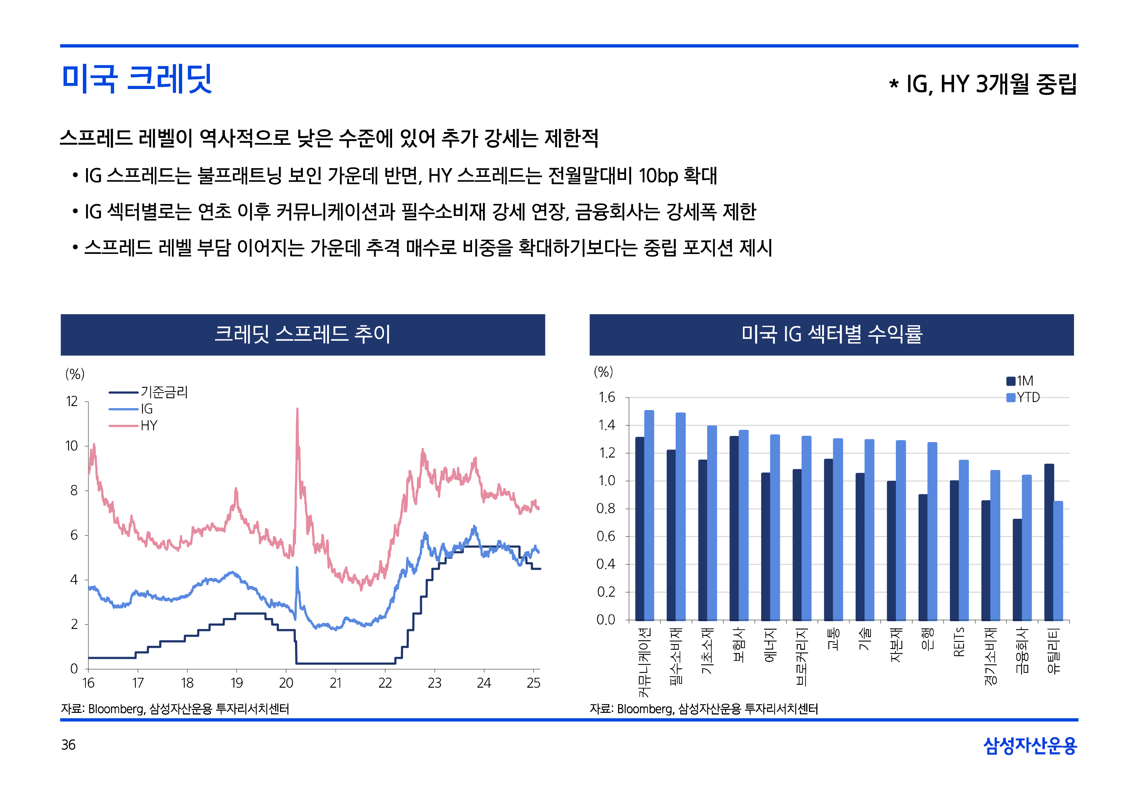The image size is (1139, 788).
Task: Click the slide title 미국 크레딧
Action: coord(137,79)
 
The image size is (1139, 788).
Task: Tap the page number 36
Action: coord(68,745)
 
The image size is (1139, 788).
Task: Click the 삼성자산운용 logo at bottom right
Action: coord(1029,746)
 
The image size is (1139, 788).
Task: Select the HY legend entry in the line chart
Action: coord(148,426)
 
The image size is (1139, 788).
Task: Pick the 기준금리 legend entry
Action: coord(164,393)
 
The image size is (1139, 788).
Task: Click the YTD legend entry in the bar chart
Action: coord(1027,397)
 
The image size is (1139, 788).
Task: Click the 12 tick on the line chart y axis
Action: coord(72,401)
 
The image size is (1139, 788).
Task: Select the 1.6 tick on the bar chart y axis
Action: coord(606,397)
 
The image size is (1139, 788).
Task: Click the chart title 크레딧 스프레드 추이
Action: coord(302,334)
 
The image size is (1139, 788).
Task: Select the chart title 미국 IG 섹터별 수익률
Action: coord(831,334)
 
